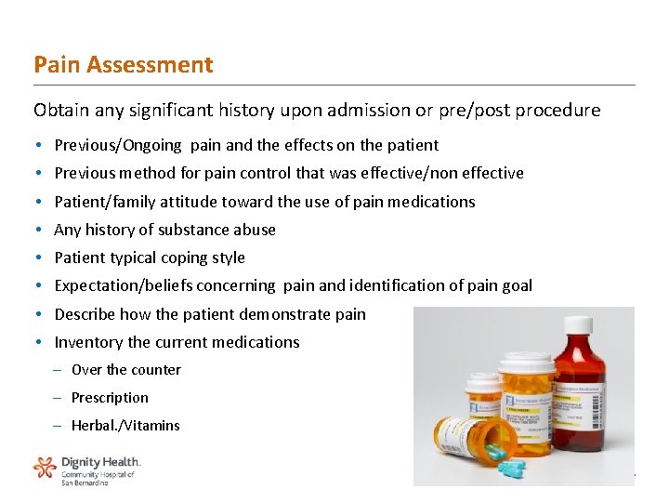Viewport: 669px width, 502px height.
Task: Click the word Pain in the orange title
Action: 51,65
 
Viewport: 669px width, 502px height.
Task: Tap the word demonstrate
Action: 286,314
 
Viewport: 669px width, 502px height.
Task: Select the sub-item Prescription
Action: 110,398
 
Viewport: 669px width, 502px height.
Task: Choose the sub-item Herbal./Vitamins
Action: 125,426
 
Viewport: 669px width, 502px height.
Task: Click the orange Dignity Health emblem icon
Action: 45,467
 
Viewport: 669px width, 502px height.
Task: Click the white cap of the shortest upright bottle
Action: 482,381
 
